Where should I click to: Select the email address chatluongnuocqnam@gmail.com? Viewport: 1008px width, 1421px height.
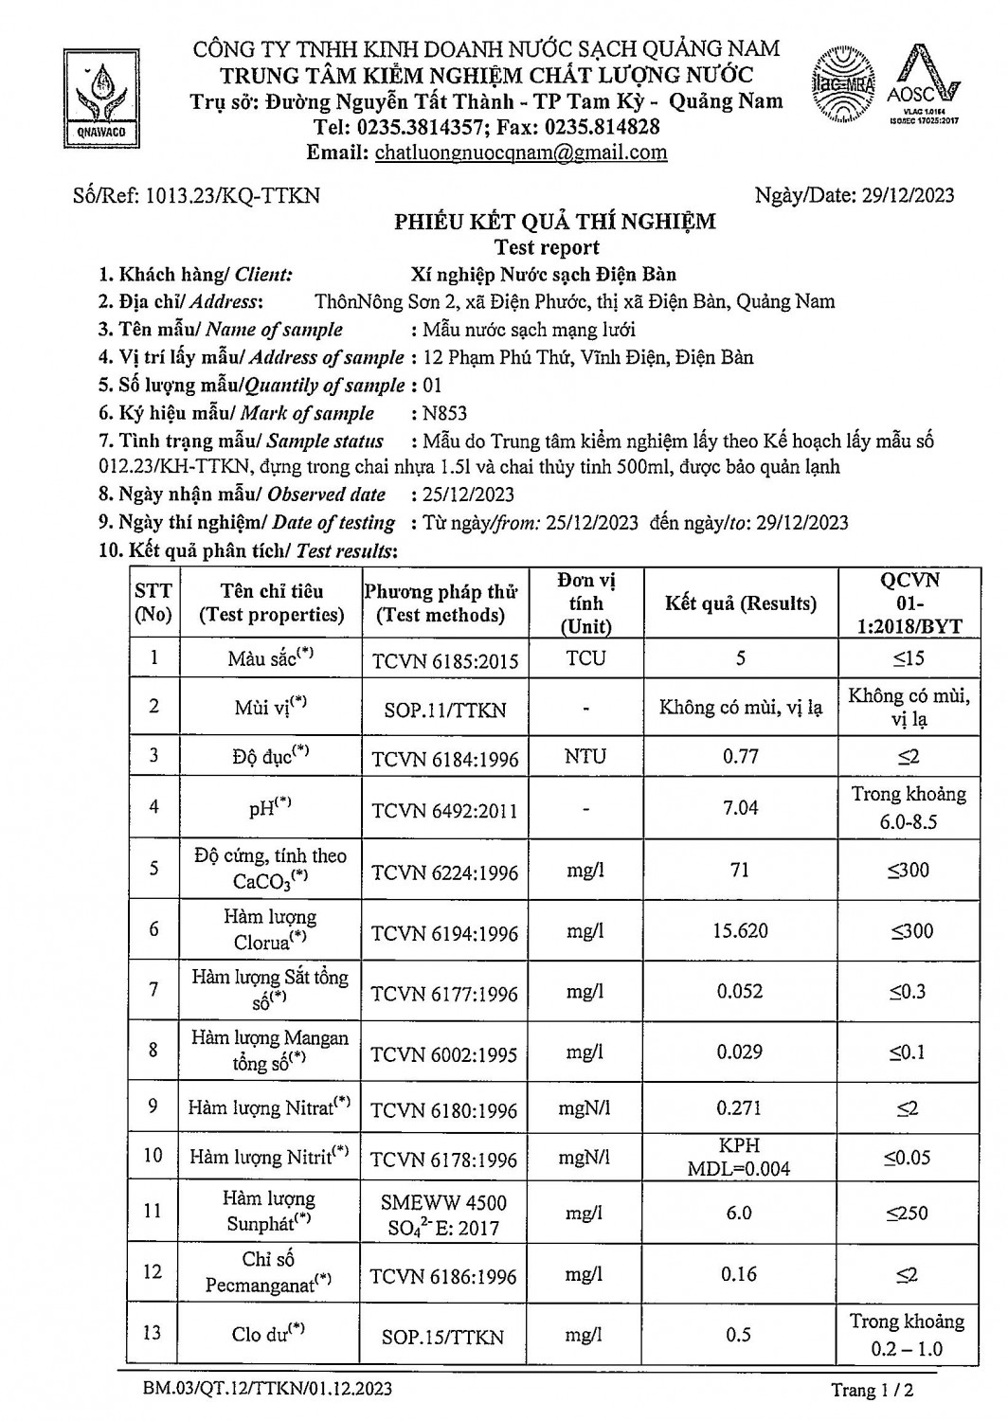[520, 153]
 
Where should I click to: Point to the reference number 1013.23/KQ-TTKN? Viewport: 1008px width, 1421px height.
[230, 196]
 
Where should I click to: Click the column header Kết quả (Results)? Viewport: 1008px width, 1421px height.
[740, 603]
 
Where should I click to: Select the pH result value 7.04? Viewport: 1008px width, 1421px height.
[740, 807]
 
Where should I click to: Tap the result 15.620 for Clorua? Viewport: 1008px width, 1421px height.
[740, 930]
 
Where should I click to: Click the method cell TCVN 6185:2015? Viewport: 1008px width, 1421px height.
[444, 660]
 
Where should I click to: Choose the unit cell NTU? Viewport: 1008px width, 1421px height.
[585, 757]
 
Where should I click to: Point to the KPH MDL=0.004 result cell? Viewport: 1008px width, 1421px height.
[739, 1157]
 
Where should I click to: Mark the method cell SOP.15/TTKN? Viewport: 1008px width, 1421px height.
[443, 1338]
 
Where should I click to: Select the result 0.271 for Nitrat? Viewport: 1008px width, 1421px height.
[739, 1107]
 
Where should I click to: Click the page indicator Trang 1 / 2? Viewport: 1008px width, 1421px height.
[872, 1391]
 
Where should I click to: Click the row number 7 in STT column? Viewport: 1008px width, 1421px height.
[154, 990]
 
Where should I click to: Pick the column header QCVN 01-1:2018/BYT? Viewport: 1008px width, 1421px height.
[909, 603]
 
